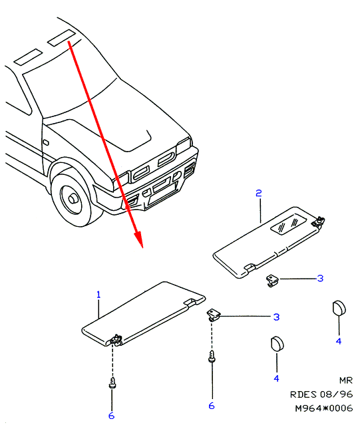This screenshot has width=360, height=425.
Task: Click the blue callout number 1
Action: coord(98,295)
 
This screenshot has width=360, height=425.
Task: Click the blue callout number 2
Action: coord(259,194)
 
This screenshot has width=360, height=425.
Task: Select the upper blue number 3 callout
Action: coord(320,279)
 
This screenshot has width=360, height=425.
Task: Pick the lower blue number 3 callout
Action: coord(276,317)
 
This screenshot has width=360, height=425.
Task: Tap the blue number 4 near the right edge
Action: coord(339,341)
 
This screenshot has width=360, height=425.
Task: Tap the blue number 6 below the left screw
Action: coord(111,416)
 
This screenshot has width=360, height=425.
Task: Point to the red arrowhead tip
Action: coord(142,247)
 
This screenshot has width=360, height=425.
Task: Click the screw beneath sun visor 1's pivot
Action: coord(112,382)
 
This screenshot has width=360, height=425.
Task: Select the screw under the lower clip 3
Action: coord(212,356)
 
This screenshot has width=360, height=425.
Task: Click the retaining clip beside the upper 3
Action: coord(272,281)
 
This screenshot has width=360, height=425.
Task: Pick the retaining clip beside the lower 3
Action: coord(214,315)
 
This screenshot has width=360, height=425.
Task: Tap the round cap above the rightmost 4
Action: coord(339,308)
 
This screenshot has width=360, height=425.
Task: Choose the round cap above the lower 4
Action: coord(277,345)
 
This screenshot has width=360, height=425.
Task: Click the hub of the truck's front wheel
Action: coord(73,200)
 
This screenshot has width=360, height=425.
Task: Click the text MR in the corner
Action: coord(346,380)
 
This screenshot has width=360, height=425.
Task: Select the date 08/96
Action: coord(336,394)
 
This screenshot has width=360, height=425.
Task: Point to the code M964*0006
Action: coord(324,408)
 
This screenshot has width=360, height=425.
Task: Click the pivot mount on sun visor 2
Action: coord(319,221)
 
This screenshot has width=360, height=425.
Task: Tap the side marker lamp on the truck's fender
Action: coord(45,142)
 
